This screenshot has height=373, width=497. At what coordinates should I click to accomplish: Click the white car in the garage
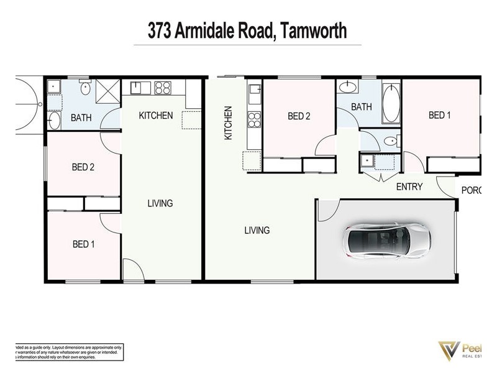[x=386, y=240]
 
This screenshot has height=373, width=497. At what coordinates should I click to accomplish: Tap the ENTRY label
[x=409, y=186]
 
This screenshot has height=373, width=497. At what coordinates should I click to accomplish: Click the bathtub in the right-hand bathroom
[x=391, y=104]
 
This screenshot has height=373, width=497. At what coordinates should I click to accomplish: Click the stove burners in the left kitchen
[x=163, y=88]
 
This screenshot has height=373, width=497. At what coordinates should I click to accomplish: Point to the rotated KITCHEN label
[x=228, y=122]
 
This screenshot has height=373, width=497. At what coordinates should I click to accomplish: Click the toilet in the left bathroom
[x=85, y=90]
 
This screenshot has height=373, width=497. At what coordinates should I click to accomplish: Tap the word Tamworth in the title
[x=313, y=30]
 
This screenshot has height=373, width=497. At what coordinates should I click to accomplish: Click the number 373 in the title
[x=160, y=30]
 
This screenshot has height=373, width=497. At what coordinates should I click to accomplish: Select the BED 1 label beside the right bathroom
[x=440, y=115]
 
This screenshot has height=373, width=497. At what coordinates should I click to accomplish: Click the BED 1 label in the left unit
[x=83, y=244]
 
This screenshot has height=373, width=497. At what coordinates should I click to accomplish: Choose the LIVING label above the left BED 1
[x=160, y=203]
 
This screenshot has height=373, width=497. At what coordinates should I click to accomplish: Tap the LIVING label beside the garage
[x=257, y=230]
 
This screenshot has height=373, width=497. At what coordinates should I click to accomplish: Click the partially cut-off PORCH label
[x=471, y=190]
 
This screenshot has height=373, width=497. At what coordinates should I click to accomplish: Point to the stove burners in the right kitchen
[x=253, y=119]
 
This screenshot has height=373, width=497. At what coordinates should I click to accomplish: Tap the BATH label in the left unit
[x=81, y=117]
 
